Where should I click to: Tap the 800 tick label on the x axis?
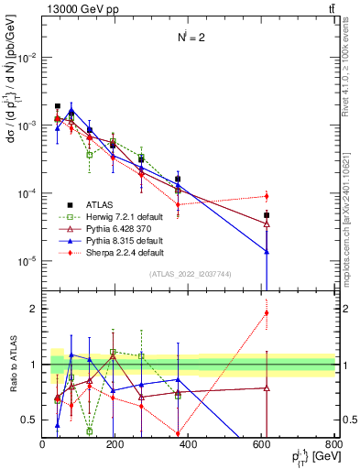point(334,443)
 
